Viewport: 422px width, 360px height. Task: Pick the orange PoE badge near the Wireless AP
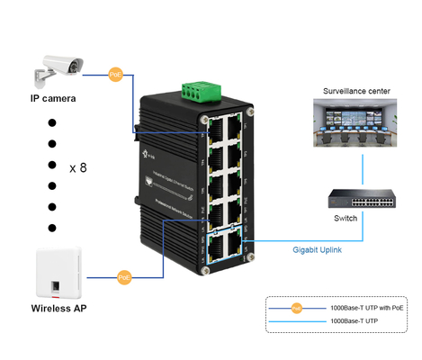[x=123, y=278]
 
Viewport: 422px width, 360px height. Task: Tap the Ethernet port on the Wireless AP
[x=56, y=287]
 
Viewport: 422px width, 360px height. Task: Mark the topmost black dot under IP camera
[x=52, y=121]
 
